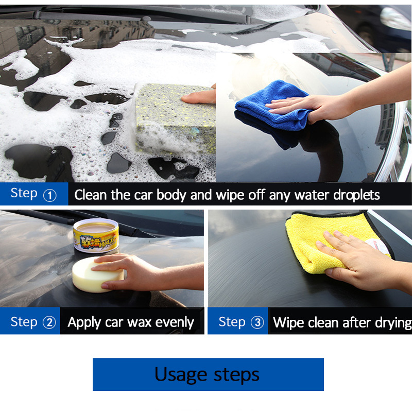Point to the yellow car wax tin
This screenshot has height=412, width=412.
coord(96,236)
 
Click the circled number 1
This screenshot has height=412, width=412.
coord(49,196)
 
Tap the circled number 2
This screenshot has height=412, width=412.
coord(49,322)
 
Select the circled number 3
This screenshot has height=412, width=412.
coord(257,322)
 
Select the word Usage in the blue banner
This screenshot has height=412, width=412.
coord(181,375)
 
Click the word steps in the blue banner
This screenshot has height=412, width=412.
coord(236,375)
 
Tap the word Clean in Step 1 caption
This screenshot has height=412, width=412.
coord(91,195)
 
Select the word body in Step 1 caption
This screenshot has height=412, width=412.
coord(171,196)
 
